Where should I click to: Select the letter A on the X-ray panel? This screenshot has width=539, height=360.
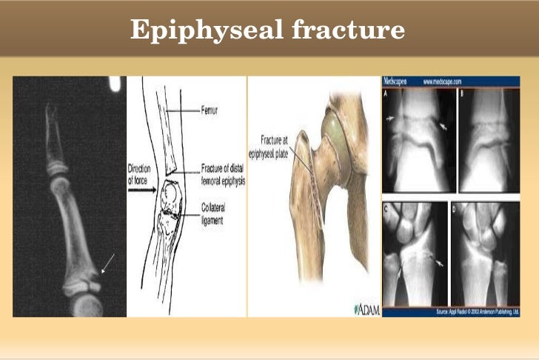(387, 95)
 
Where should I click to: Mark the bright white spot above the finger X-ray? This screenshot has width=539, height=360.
(115, 84)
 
